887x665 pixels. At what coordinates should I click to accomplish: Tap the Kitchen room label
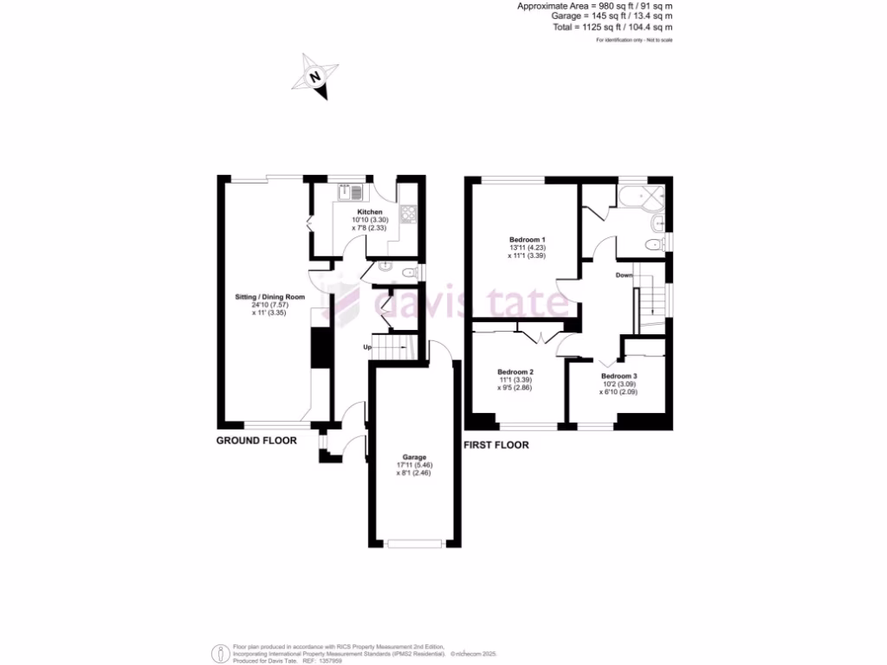tap(370, 212)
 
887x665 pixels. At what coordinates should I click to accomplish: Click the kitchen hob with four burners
tap(407, 212)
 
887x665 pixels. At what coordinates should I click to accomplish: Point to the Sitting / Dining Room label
tap(270, 297)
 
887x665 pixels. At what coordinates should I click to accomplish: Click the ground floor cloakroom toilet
tap(385, 268)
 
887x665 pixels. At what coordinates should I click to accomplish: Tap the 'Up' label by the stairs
tap(367, 347)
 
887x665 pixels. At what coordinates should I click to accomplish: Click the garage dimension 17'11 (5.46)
tap(412, 465)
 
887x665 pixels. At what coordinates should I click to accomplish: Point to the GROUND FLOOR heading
tap(256, 441)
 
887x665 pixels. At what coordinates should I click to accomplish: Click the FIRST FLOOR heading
tap(496, 445)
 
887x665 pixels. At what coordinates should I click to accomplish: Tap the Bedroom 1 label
tap(527, 239)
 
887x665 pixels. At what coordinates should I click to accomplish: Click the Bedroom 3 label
tap(618, 376)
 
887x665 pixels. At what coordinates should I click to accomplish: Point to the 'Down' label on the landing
tap(624, 275)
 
